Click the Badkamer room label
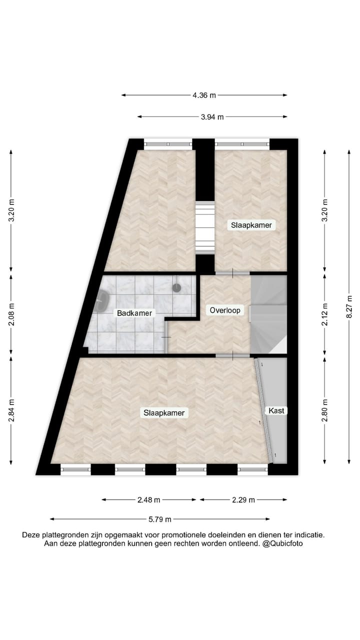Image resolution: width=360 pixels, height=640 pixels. pyautogui.click(x=134, y=313)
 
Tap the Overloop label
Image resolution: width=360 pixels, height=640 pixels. pyautogui.click(x=225, y=310)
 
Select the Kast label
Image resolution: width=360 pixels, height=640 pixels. pyautogui.click(x=276, y=410)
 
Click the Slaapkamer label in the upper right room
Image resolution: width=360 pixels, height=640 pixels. pyautogui.click(x=251, y=225)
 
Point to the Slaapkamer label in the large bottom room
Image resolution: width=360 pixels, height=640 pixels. pyautogui.click(x=164, y=413)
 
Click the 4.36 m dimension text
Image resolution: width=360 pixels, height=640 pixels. pyautogui.click(x=204, y=95)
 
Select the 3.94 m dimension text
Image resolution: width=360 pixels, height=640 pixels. pyautogui.click(x=212, y=117)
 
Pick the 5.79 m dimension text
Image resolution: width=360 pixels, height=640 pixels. pyautogui.click(x=160, y=519)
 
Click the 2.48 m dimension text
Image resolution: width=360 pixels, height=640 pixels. pyautogui.click(x=148, y=499)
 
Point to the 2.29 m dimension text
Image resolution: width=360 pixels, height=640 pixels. pyautogui.click(x=243, y=499)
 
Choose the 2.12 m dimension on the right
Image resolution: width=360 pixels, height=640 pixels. pyautogui.click(x=324, y=314)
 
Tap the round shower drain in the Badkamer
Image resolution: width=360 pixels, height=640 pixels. pyautogui.click(x=176, y=288)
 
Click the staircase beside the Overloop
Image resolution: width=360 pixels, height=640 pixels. pyautogui.click(x=268, y=315)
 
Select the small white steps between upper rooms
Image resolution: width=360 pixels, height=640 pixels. pyautogui.click(x=204, y=227)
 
